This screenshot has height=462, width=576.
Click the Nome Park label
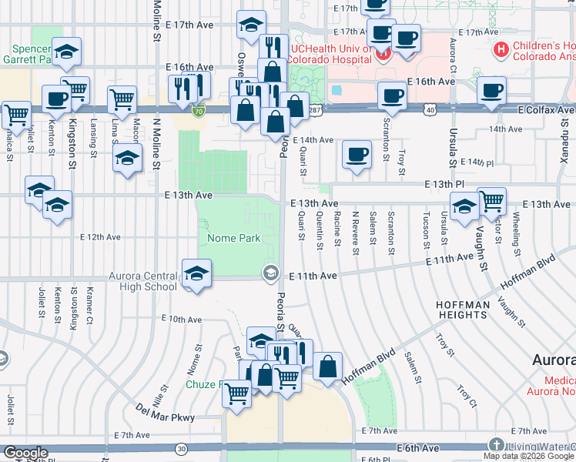(x=234, y=239)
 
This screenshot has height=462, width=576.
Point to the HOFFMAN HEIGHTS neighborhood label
(x=463, y=310)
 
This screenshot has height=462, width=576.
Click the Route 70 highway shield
(x=199, y=112)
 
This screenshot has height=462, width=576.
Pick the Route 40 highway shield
(x=428, y=110)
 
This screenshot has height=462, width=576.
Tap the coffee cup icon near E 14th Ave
(x=357, y=153)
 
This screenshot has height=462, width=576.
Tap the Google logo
(x=25, y=454)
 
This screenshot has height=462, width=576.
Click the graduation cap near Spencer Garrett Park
(x=67, y=52)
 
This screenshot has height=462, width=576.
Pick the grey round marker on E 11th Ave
(x=270, y=273)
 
